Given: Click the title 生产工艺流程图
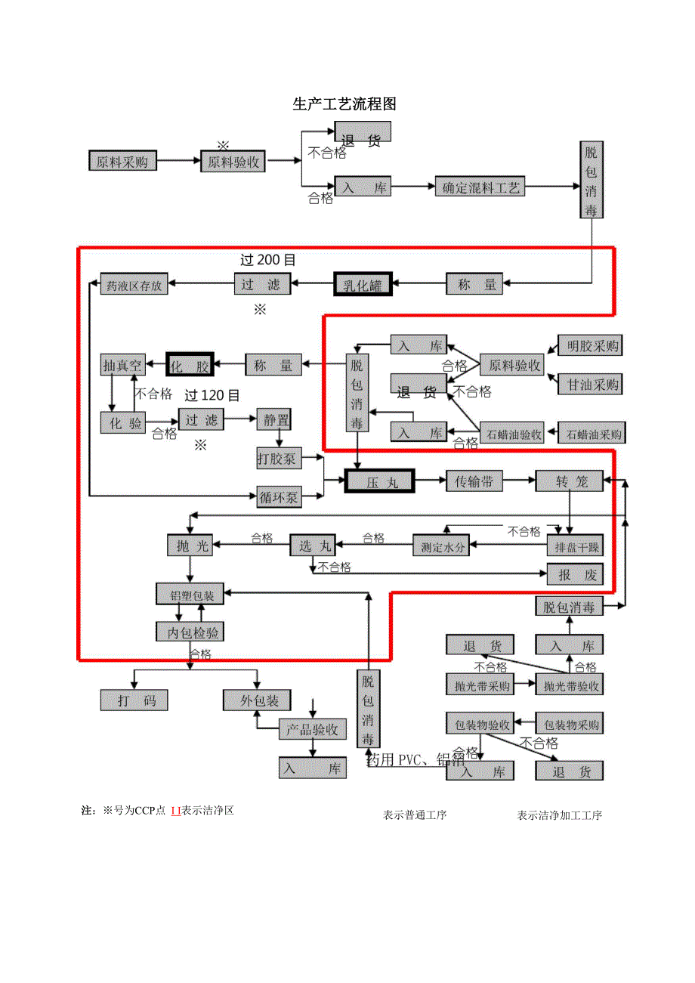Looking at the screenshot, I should (x=344, y=105).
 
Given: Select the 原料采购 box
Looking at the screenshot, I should (x=122, y=161).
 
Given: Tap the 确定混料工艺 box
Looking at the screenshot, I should (x=480, y=187).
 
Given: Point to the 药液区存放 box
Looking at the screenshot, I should (x=134, y=285).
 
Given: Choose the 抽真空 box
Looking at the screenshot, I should (x=122, y=365).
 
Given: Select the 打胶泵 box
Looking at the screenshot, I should (x=279, y=457).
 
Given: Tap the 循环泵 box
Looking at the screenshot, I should (x=279, y=496).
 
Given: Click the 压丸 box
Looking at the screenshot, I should (x=379, y=481).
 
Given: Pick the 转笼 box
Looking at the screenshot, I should (x=570, y=481).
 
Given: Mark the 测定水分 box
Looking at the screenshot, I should (x=441, y=546).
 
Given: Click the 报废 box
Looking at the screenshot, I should (x=576, y=574).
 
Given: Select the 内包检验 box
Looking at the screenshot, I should (x=190, y=632).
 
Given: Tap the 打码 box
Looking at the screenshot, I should (x=134, y=700).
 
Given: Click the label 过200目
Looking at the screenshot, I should (x=267, y=259).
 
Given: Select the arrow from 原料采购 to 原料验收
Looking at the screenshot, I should (x=178, y=161).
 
